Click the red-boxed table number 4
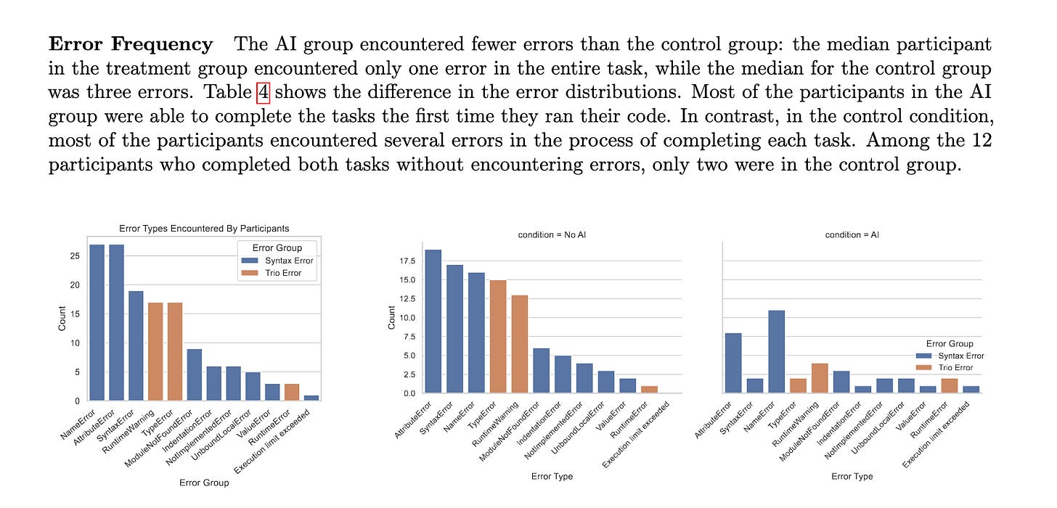coord(264,93)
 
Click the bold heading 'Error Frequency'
coord(131,44)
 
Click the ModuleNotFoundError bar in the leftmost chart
coord(194,374)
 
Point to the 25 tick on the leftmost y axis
coord(75,256)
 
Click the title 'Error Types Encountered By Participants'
coord(204,229)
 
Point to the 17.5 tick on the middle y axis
coord(407,261)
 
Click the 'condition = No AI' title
coord(552,235)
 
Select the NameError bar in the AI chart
coord(775,351)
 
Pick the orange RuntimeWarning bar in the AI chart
coord(819,378)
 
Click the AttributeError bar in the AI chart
coord(732,363)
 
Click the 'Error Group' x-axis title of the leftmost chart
coord(204,483)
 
